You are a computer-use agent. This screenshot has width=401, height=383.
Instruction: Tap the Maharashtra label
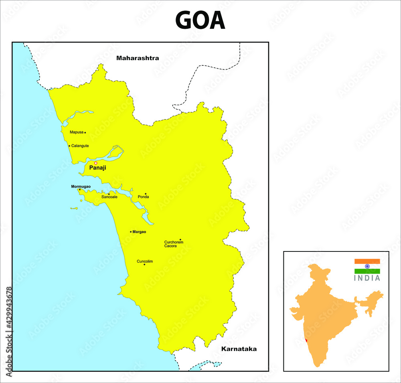[138, 58]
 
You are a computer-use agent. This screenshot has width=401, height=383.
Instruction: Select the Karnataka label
[239, 349]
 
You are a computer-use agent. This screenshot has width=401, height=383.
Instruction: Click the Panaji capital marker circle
[95, 163]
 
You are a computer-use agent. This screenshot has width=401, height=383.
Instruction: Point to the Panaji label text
[97, 168]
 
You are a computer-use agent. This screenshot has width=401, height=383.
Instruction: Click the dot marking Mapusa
[85, 132]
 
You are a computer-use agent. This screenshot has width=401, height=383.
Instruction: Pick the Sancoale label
[109, 197]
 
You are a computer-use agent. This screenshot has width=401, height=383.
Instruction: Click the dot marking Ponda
[146, 194]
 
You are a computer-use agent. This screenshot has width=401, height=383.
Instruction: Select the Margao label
[140, 232]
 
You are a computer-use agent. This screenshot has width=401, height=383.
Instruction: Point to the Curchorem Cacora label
[174, 244]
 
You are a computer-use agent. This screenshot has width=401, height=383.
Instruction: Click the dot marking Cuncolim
[144, 264]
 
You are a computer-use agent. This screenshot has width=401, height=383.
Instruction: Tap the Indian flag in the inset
[367, 266]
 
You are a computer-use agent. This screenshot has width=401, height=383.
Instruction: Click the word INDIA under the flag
[367, 278]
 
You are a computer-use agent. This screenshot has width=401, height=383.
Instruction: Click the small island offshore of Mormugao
[74, 209]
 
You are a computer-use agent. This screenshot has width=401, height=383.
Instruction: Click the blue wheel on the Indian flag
[367, 266]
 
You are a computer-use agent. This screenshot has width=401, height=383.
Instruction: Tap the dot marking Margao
[131, 232]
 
